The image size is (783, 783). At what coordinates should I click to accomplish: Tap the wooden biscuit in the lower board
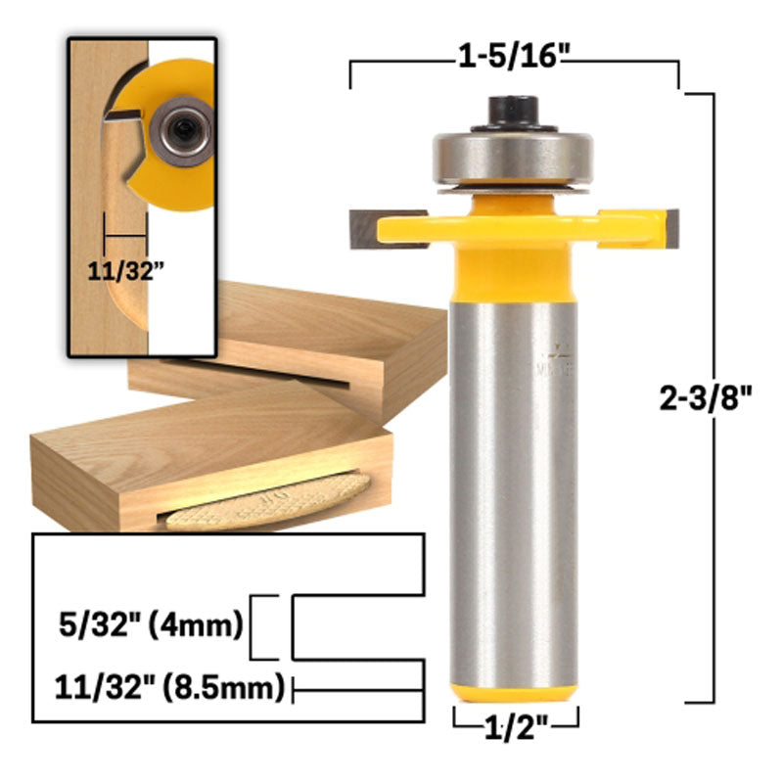coord(269,501)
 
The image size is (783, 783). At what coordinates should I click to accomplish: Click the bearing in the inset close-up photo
coord(183,127)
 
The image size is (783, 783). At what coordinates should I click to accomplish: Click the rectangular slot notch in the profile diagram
coord(357,625)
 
